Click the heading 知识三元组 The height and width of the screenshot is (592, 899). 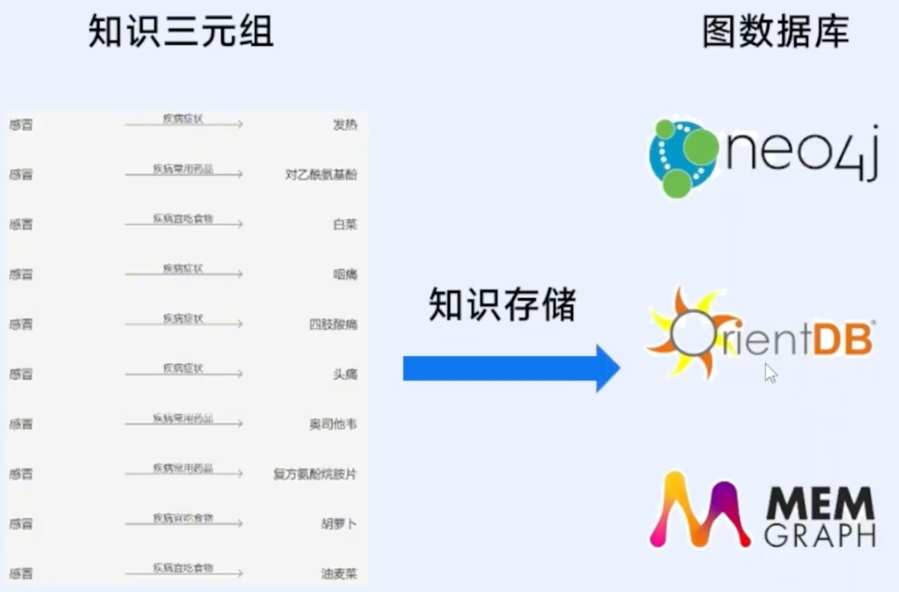pyautogui.click(x=181, y=32)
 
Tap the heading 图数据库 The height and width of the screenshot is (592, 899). pyautogui.click(x=775, y=32)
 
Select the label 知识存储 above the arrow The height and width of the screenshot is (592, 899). pyautogui.click(x=502, y=305)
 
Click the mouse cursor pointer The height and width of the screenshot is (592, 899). pyautogui.click(x=770, y=372)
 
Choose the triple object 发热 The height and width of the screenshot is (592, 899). pyautogui.click(x=345, y=125)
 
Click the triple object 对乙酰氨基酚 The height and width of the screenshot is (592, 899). pyautogui.click(x=320, y=175)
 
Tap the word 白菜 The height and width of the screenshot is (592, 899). pyautogui.click(x=345, y=225)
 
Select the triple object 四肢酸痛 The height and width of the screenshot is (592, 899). pyautogui.click(x=332, y=325)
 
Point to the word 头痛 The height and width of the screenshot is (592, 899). pyautogui.click(x=345, y=375)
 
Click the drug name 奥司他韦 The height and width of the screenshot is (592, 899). pyautogui.click(x=332, y=425)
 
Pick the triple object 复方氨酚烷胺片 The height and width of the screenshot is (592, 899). pyautogui.click(x=315, y=475)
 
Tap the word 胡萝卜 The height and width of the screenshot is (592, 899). pyautogui.click(x=339, y=525)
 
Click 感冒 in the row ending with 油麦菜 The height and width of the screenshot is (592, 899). pyautogui.click(x=21, y=574)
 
